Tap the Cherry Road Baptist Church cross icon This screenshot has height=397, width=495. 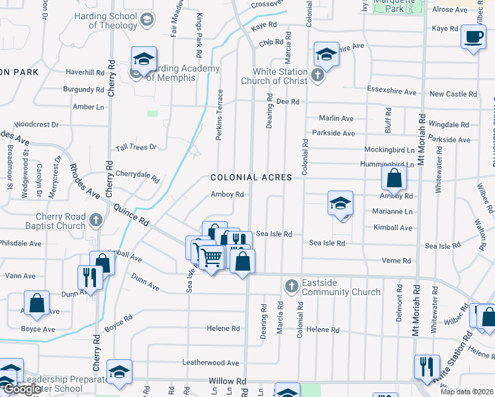click(x=96, y=220)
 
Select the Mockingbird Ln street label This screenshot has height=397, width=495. click(x=389, y=150)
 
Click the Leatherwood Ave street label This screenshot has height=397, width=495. click(x=210, y=363)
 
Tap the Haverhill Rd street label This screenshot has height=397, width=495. click(x=85, y=72)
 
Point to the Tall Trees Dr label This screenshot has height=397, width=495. click(x=136, y=147)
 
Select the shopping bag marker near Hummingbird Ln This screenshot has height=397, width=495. click(x=394, y=178)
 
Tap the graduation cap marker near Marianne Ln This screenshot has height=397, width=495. click(x=340, y=203)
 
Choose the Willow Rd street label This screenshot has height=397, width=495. click(x=227, y=382)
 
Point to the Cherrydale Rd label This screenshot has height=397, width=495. click(x=138, y=176)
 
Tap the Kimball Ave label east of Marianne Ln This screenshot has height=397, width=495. click(x=392, y=228)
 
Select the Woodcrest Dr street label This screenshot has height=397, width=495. click(x=36, y=124)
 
